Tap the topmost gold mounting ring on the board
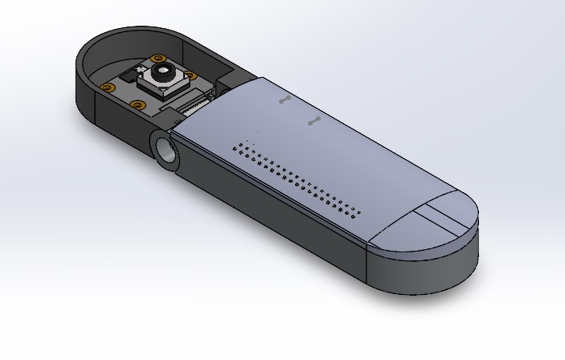pyautogui.click(x=158, y=58)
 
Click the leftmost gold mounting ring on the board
pyautogui.click(x=107, y=87)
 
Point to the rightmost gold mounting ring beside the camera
pyautogui.click(x=191, y=77)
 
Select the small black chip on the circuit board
pyautogui.click(x=129, y=79)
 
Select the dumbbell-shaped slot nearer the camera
pyautogui.click(x=284, y=100)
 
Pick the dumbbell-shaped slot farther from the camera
pyautogui.click(x=314, y=122)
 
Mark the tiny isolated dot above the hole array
pyautogui.click(x=258, y=131)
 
